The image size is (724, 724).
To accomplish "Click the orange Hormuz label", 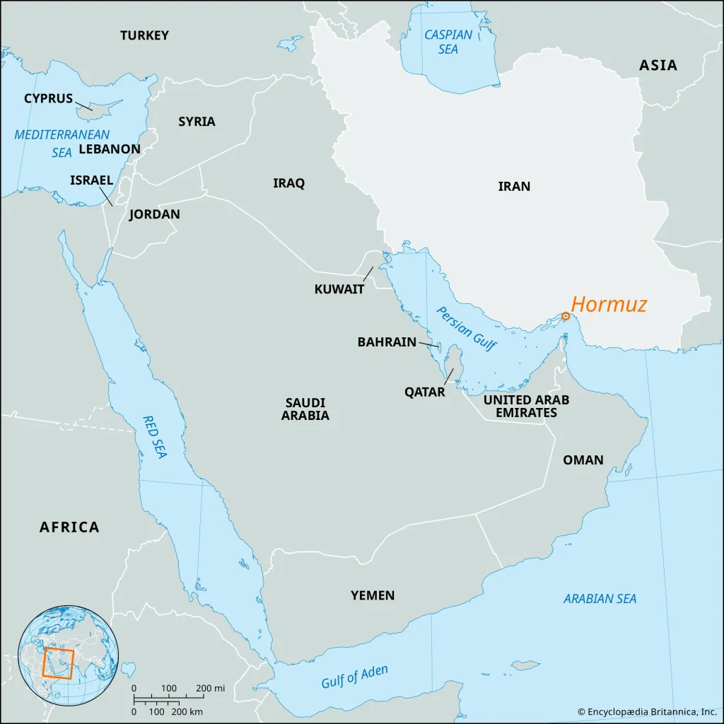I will [x=609, y=305].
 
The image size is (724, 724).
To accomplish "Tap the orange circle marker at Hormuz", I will [x=566, y=316].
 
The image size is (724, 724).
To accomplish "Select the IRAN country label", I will [x=514, y=187].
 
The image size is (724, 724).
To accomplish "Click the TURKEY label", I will [x=144, y=35].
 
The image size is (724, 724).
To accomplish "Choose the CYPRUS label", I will [x=48, y=98].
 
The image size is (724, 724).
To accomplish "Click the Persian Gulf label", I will [x=467, y=329].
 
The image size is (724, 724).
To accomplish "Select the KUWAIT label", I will [x=339, y=289].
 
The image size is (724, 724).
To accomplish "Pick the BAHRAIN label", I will [x=387, y=342].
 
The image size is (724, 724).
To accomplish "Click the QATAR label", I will [x=424, y=392].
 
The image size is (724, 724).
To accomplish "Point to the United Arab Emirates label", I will [x=526, y=406].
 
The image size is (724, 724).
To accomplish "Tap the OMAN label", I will [x=583, y=460].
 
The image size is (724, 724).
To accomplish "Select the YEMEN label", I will [x=373, y=595].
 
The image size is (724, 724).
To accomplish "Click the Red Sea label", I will [x=154, y=437].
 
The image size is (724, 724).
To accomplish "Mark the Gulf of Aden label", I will [x=354, y=677].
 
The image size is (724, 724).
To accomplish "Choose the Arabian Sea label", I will [x=600, y=599].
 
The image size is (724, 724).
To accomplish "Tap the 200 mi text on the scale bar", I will [x=210, y=688].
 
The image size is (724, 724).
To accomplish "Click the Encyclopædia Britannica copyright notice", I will [x=647, y=712].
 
